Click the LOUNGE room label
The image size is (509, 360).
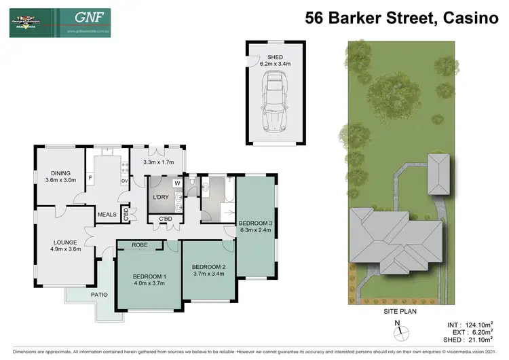tap(66, 242)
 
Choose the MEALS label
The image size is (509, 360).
tap(107, 215)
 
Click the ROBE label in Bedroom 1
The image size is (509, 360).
tap(140, 245)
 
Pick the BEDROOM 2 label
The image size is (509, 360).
tap(208, 266)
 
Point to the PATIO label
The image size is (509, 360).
tap(82, 295)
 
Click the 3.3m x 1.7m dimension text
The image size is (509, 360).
tap(158, 162)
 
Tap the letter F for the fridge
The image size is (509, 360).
tap(90, 178)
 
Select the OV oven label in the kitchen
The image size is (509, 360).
tap(124, 181)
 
